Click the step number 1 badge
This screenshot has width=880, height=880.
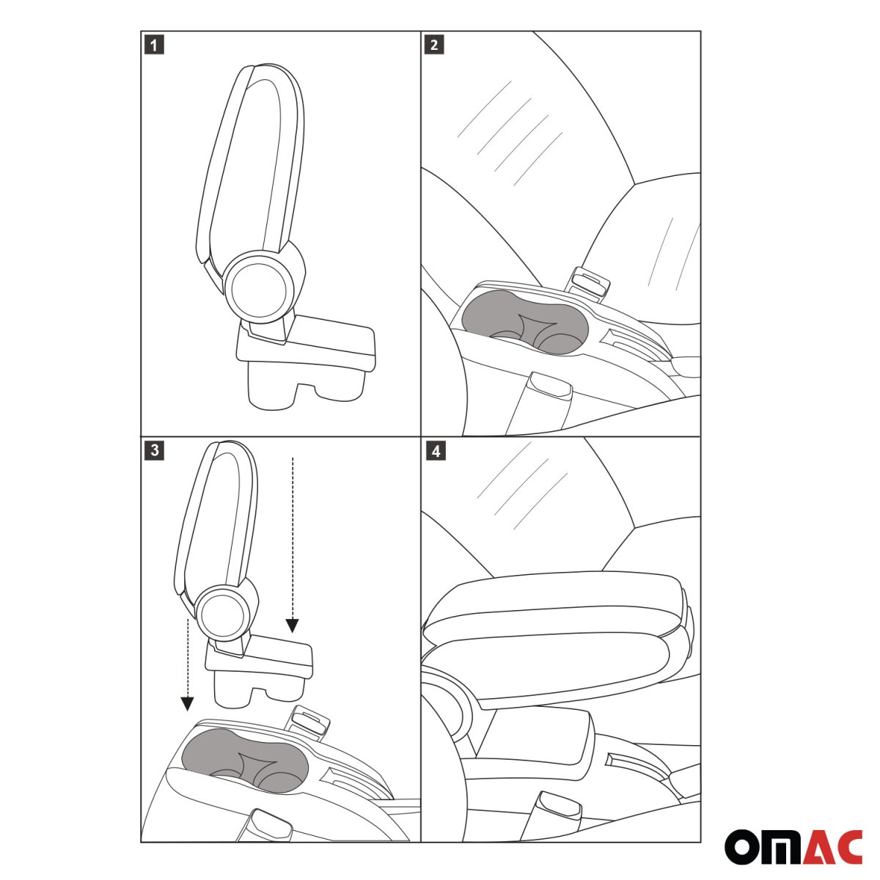click(153, 45)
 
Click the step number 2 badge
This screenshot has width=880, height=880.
click(434, 45)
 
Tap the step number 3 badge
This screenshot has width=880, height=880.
click(153, 450)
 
